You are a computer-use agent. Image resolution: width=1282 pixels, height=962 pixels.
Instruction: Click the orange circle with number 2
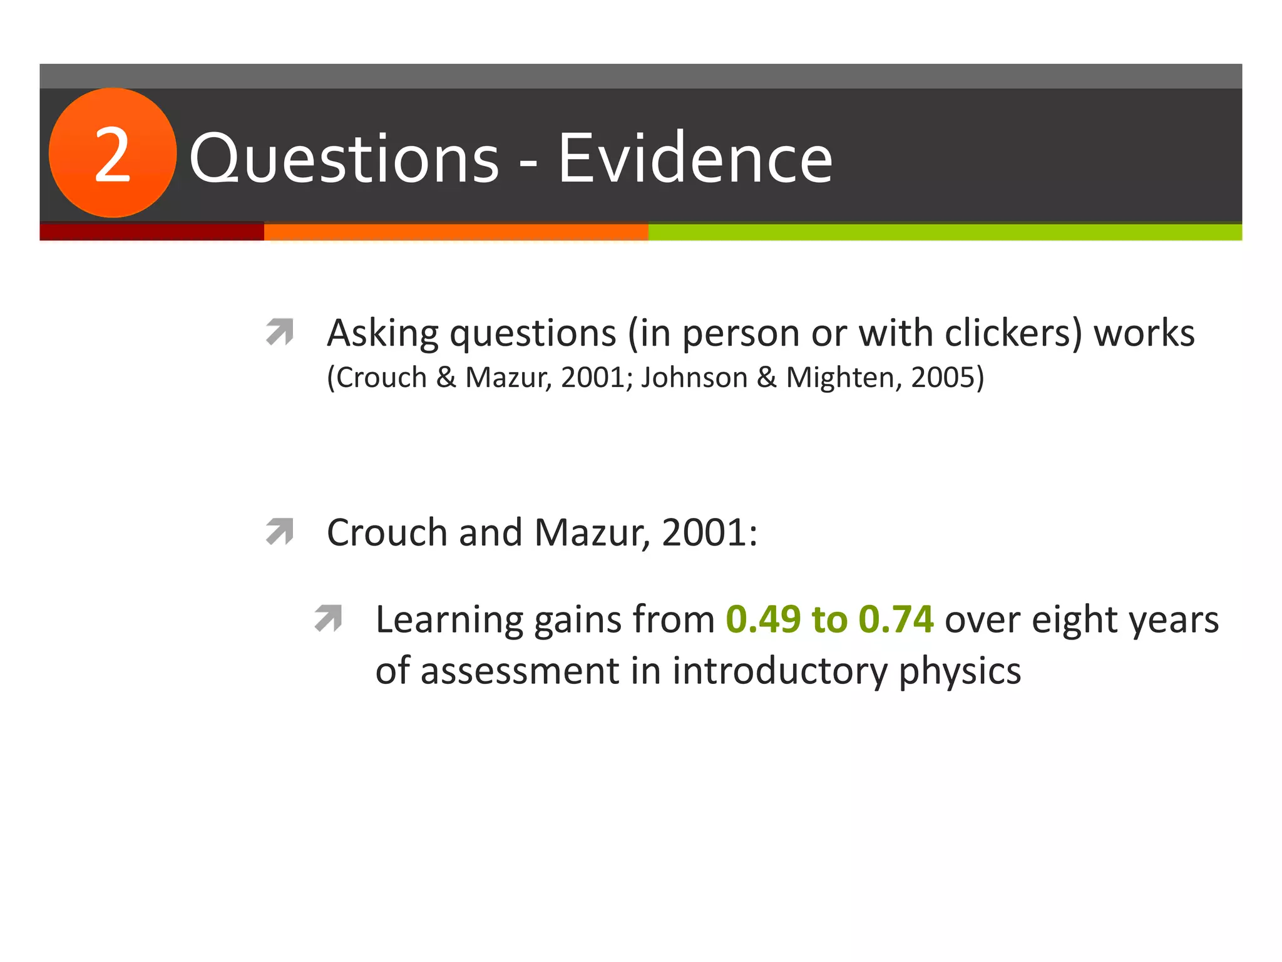click(x=113, y=153)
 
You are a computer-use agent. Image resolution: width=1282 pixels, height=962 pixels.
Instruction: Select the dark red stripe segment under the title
click(x=151, y=232)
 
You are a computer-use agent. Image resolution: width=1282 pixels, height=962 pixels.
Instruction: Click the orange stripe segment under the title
click(x=456, y=232)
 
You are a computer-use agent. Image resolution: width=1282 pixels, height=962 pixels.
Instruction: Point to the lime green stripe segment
click(x=944, y=232)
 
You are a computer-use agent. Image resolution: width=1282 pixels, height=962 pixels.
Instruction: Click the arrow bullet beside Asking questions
click(x=280, y=332)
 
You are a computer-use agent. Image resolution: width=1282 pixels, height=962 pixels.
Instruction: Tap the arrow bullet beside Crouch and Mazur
click(x=280, y=531)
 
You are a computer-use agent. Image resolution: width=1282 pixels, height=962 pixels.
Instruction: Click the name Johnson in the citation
click(x=694, y=378)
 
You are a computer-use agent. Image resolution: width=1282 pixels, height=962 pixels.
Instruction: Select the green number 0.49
click(x=763, y=619)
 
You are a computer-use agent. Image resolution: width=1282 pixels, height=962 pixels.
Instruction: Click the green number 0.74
click(x=896, y=619)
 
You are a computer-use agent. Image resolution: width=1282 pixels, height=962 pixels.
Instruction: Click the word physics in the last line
click(x=960, y=671)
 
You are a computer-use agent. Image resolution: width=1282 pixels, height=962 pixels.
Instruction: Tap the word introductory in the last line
click(x=780, y=671)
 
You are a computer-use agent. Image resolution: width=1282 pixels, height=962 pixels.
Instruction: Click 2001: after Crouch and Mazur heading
click(x=709, y=532)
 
